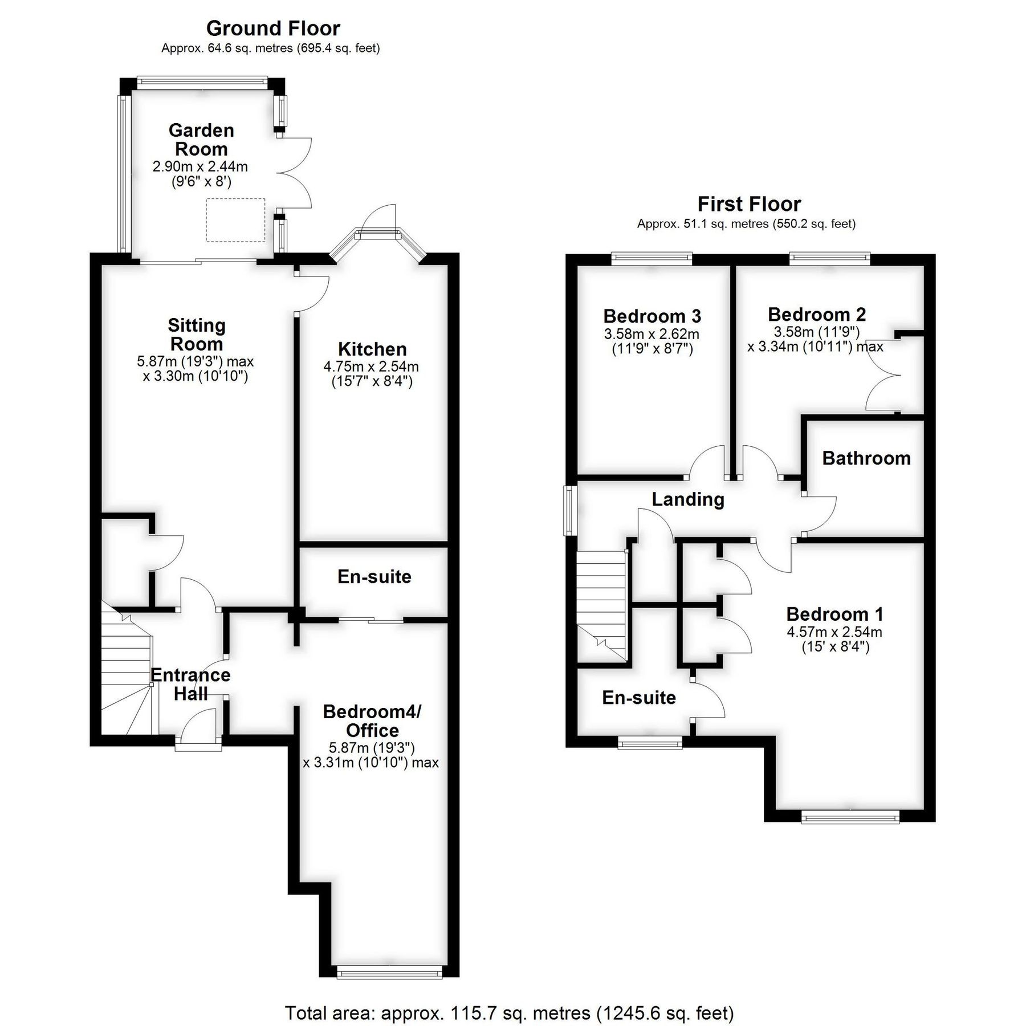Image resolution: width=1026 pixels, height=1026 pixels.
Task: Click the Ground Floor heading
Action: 273,28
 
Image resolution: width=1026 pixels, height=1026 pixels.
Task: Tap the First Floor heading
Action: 749,203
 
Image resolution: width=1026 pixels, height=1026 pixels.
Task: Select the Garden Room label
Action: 201,139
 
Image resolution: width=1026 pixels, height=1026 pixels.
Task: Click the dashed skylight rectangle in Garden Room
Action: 235,219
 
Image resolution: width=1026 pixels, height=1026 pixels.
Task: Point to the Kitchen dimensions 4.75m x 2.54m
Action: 371,367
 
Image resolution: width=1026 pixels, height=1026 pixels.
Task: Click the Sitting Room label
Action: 197,335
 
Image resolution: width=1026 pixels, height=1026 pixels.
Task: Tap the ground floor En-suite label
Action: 374,576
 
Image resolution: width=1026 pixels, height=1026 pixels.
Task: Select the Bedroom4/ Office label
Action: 372,720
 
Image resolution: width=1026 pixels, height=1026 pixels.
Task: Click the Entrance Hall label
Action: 190,684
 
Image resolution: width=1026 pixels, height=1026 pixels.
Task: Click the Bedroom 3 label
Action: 652,315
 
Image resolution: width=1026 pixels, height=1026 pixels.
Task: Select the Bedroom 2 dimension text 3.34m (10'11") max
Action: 815,347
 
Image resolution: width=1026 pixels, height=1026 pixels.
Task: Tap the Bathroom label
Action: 866,458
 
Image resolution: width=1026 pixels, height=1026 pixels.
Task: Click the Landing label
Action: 688,499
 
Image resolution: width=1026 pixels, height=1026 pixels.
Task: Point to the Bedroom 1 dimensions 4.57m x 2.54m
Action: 834,632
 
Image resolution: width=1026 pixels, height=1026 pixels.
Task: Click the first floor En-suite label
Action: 639,697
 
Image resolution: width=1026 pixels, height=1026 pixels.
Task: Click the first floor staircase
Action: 602,604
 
